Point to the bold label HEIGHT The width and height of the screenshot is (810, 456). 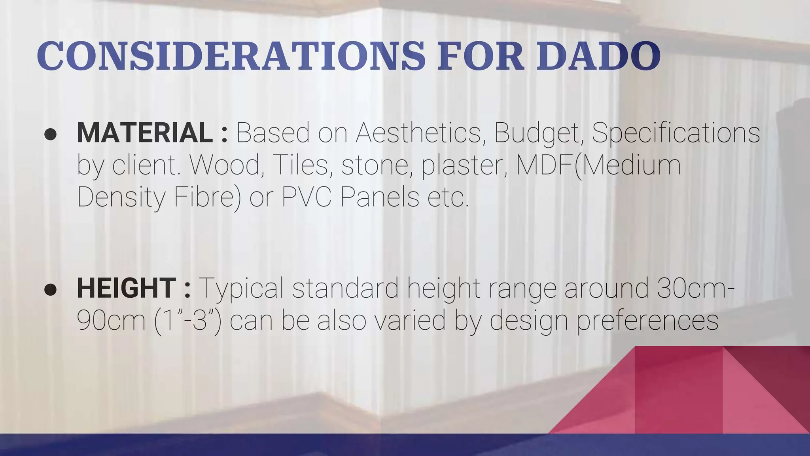pos(126,288)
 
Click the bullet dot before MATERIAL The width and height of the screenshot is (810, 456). pos(51,134)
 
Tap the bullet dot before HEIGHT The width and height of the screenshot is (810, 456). pos(51,290)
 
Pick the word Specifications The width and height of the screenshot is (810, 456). pos(676,133)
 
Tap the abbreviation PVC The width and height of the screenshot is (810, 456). pos(306,197)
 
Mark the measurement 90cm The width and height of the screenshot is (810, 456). pos(111,320)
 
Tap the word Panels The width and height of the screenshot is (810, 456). pos(380,197)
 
